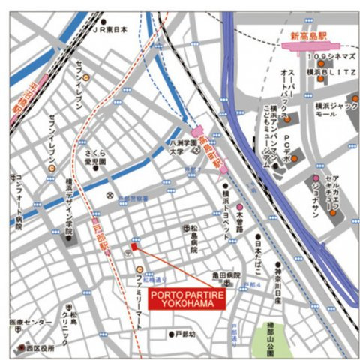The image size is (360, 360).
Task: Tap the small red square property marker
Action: [134, 247]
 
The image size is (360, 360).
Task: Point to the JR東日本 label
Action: [110, 31]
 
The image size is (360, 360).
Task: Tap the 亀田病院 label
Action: [225, 276]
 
